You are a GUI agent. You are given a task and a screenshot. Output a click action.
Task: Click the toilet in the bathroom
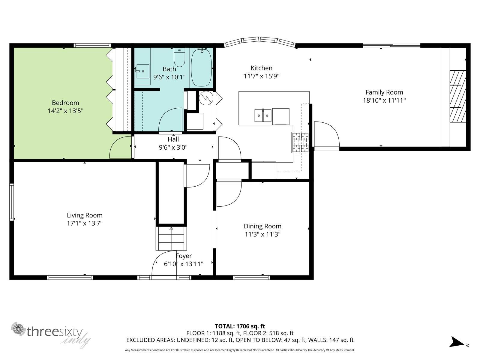(x=179, y=57)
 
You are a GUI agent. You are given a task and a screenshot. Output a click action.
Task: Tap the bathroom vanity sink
(x=143, y=71)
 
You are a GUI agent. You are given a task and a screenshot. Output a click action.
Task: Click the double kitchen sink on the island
(x=263, y=115)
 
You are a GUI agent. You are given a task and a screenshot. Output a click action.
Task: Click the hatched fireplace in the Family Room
(x=458, y=96)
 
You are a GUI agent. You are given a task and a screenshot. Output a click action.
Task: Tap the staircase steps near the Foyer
(x=171, y=238)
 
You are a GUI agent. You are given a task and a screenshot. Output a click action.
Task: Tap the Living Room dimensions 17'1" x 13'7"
(x=85, y=223)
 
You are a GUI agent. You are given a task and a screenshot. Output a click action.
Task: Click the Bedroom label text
(x=65, y=103)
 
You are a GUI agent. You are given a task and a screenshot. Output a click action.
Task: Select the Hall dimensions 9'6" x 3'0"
(x=173, y=147)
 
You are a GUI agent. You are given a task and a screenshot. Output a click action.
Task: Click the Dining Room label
(x=262, y=226)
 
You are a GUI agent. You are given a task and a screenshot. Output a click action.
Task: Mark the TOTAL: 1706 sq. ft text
(x=240, y=326)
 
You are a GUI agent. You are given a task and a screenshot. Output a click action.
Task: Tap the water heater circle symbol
(x=206, y=98)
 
